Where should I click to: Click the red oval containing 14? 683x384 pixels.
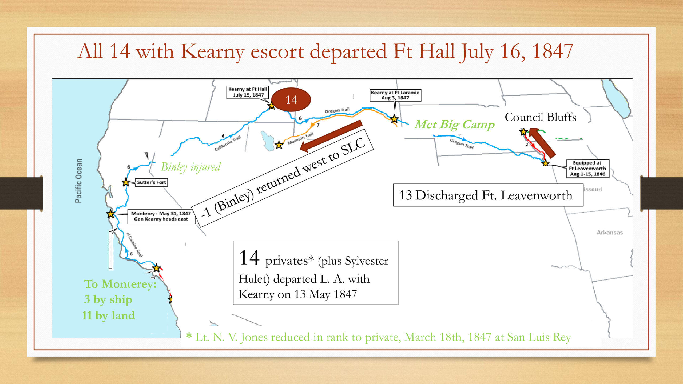pyautogui.click(x=291, y=99)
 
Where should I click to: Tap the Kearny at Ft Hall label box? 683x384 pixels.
pyautogui.click(x=248, y=92)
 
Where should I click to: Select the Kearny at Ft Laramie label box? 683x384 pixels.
pyautogui.click(x=395, y=95)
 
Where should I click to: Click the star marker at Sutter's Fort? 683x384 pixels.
pyautogui.click(x=126, y=182)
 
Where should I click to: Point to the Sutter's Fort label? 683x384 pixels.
pyautogui.click(x=152, y=182)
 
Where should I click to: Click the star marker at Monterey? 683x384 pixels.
pyautogui.click(x=110, y=214)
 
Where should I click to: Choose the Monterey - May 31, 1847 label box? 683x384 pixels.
pyautogui.click(x=161, y=216)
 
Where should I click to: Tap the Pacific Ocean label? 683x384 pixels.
pyautogui.click(x=78, y=181)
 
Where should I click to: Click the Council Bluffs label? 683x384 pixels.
pyautogui.click(x=541, y=117)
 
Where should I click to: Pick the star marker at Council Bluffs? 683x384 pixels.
pyautogui.click(x=523, y=132)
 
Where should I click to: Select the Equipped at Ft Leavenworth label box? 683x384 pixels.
pyautogui.click(x=587, y=168)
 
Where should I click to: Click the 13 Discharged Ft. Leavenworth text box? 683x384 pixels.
pyautogui.click(x=488, y=195)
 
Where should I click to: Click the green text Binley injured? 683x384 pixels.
pyautogui.click(x=191, y=167)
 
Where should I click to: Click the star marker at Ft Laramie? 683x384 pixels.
pyautogui.click(x=394, y=119)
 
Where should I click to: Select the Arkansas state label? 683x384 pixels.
pyautogui.click(x=610, y=233)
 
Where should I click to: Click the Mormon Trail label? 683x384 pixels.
pyautogui.click(x=300, y=138)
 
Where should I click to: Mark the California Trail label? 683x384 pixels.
pyautogui.click(x=228, y=143)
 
